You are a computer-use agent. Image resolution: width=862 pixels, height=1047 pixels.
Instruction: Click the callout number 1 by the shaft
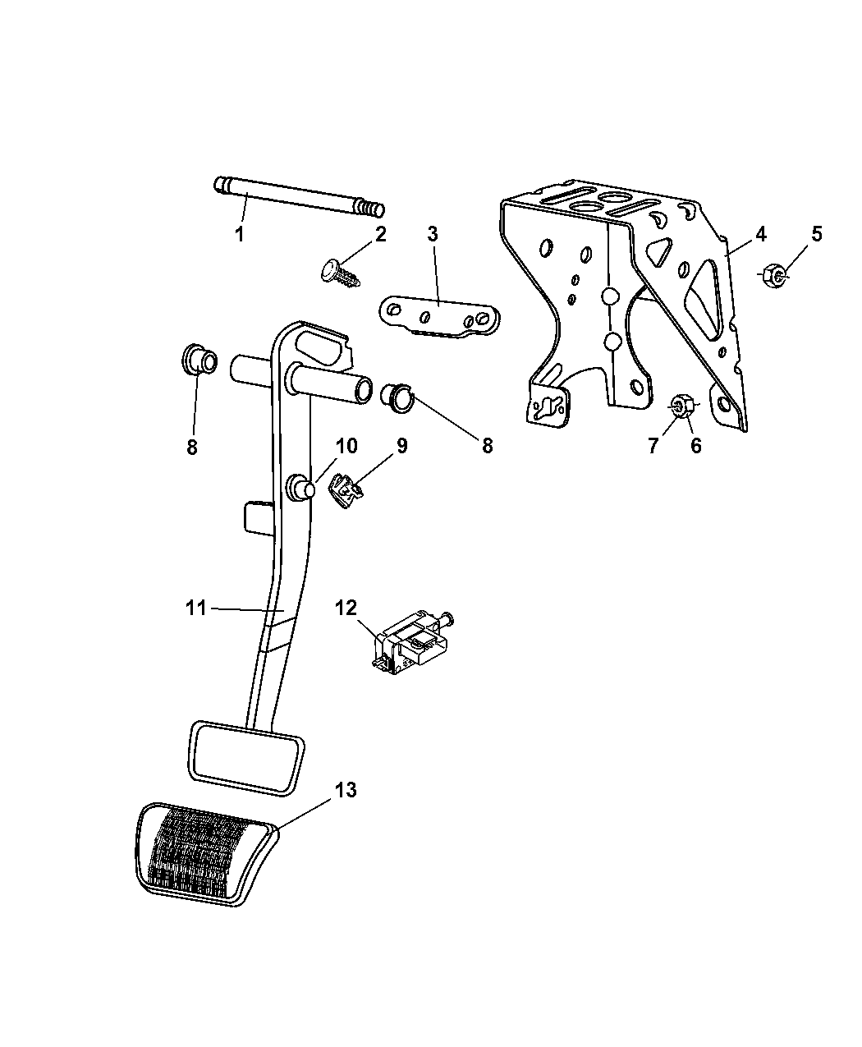tap(240, 235)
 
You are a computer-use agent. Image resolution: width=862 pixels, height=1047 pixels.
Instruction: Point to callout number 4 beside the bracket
tap(761, 234)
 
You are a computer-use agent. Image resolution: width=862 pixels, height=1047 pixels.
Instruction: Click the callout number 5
tap(816, 234)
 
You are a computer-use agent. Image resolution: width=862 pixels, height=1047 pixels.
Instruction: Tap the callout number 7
tap(654, 446)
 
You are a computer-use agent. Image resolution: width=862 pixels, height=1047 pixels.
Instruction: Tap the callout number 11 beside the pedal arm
tap(195, 608)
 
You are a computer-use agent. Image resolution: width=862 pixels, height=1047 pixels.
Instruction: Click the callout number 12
tap(346, 608)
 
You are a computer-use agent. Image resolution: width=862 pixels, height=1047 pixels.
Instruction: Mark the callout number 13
tap(346, 790)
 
